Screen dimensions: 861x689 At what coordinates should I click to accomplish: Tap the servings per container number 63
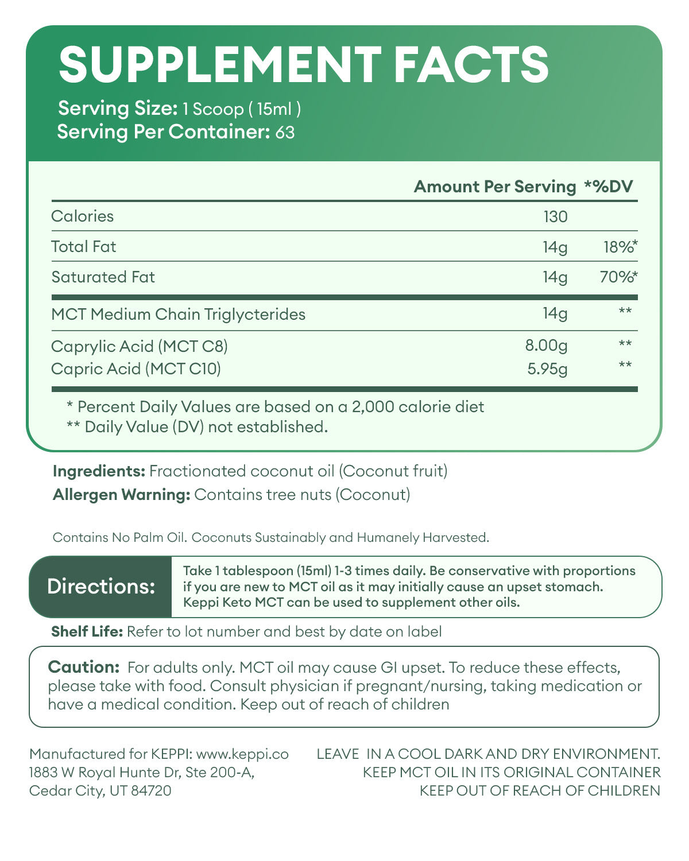tap(285, 133)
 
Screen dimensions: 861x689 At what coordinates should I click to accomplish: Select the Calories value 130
tap(555, 216)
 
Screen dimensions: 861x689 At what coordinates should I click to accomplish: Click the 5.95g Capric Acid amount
tap(547, 369)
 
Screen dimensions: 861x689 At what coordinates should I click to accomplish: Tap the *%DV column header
tap(608, 187)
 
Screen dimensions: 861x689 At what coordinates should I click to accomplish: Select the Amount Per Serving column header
tap(494, 187)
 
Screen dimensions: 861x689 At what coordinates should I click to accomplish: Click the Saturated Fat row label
tap(103, 277)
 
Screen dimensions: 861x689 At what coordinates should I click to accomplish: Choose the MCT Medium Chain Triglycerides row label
tap(178, 315)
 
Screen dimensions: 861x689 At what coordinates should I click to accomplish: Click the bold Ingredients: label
tap(99, 471)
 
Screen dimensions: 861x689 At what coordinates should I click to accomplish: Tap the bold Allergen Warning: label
tap(121, 495)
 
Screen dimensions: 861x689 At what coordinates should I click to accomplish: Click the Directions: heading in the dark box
tap(101, 587)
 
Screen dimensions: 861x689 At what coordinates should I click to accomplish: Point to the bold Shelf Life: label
tap(87, 632)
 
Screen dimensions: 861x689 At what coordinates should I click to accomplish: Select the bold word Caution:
tap(84, 667)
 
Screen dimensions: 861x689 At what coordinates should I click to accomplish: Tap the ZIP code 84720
tap(151, 790)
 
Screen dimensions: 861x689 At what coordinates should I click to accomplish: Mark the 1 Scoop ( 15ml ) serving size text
tap(242, 108)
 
